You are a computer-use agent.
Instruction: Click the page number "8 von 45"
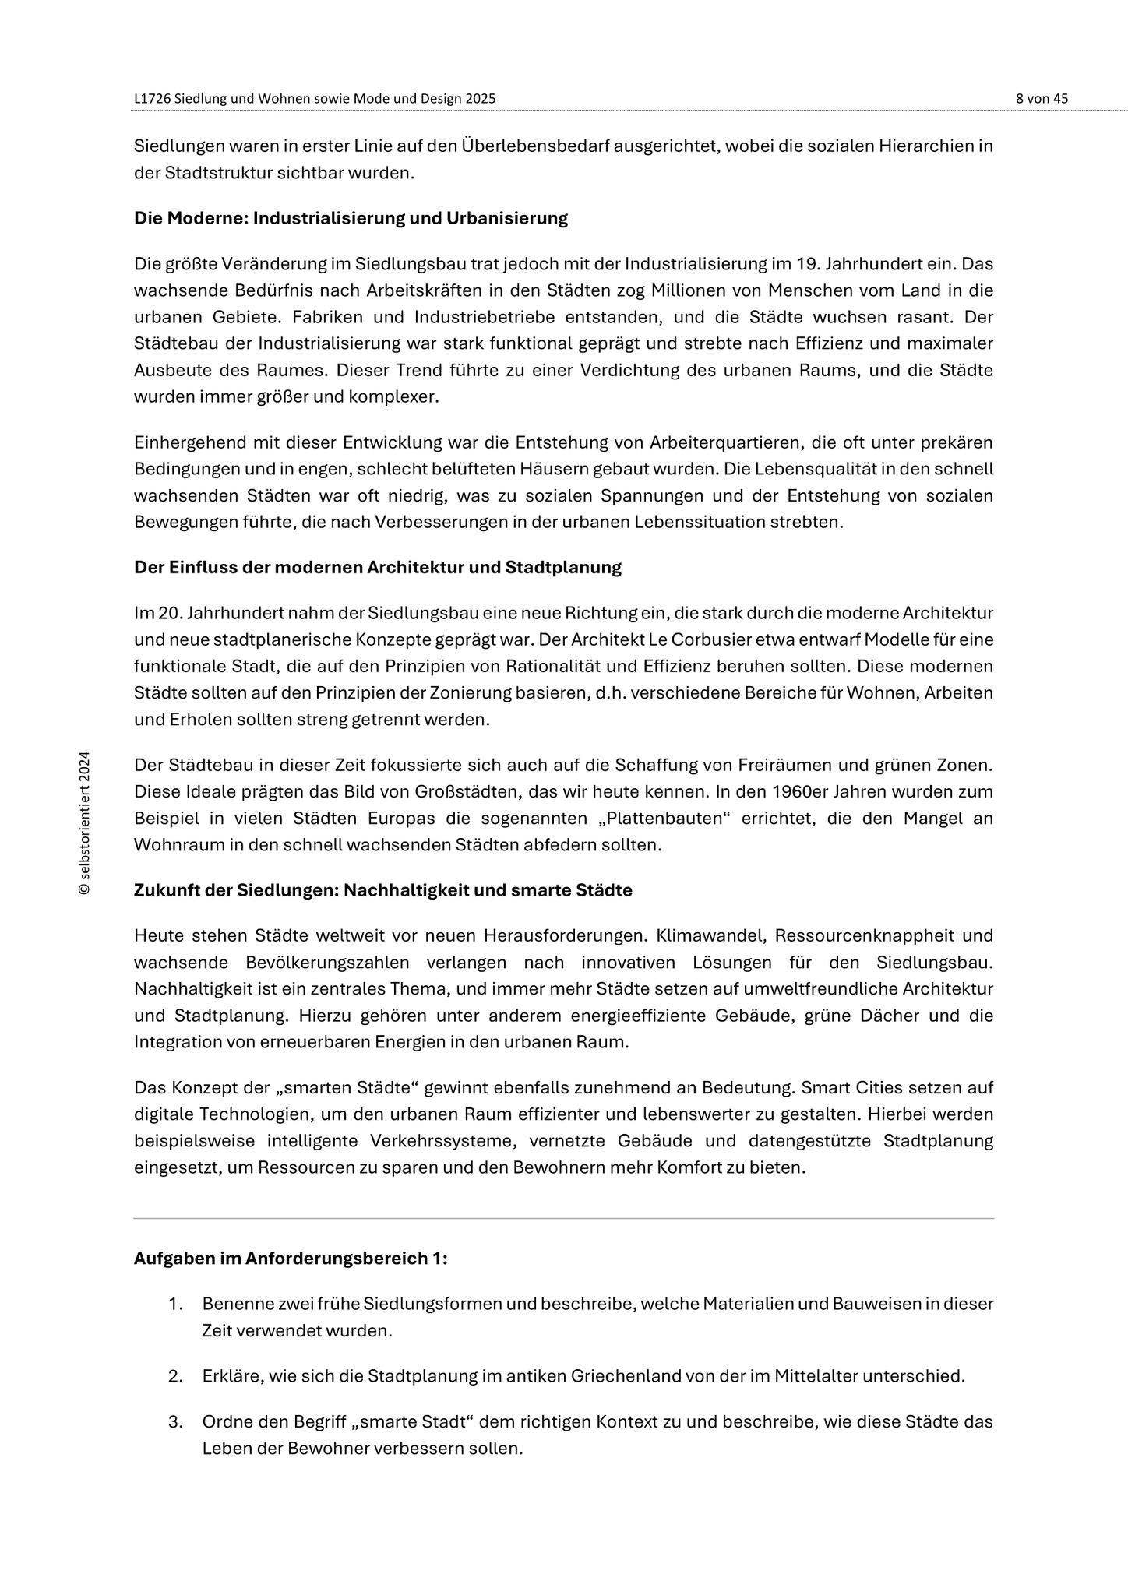coord(1042,99)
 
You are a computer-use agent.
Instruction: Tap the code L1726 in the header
coord(152,99)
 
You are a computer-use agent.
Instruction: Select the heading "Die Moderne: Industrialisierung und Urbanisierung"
coord(351,218)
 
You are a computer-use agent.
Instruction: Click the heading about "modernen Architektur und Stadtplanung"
coord(377,567)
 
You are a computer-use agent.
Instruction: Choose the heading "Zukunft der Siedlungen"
coord(382,890)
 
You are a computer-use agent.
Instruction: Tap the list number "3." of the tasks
coord(175,1422)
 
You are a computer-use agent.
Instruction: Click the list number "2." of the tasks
coord(175,1376)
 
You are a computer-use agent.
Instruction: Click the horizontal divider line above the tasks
coord(563,1218)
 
